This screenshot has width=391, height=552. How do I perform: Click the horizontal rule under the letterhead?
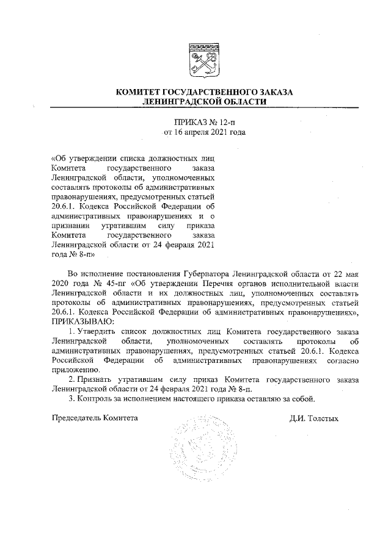(x=204, y=108)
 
